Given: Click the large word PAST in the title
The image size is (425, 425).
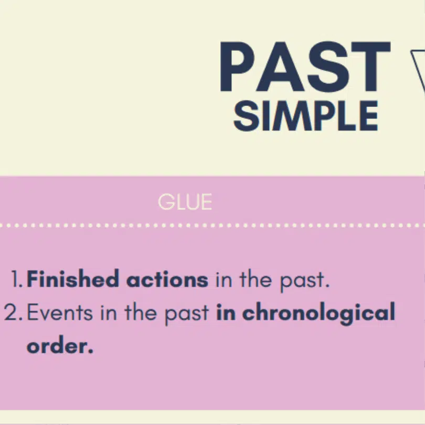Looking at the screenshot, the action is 305,67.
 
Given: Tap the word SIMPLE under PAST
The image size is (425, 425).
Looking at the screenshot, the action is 305,116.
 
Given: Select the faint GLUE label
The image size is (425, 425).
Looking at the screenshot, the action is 185,201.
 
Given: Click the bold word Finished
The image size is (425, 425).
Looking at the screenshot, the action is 73,279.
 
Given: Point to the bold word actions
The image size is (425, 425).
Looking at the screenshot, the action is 167,280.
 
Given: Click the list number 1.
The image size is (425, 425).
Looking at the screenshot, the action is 17,279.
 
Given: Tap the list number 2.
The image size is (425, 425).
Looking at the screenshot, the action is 13,313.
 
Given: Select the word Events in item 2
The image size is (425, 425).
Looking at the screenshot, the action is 60,313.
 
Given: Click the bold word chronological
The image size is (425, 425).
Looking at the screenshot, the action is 319,313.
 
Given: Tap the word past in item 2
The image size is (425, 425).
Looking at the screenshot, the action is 187,314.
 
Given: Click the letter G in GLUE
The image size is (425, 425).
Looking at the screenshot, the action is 166,201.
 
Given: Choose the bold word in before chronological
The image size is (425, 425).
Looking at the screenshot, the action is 226,313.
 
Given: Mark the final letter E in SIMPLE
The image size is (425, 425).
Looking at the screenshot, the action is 369,116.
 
